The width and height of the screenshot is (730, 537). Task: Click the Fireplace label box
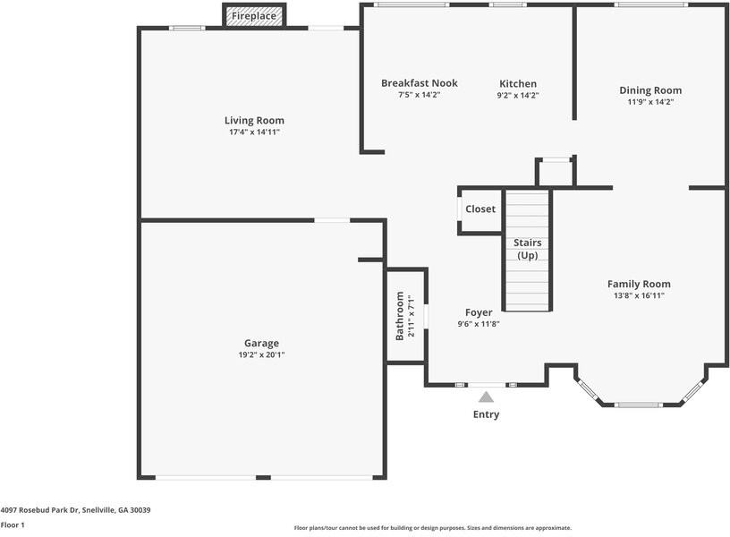(254, 16)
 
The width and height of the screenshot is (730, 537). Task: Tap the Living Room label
(254, 120)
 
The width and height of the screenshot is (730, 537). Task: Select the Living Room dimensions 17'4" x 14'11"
(254, 132)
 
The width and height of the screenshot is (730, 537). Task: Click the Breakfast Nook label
(420, 83)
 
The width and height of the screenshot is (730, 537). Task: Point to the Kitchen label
(517, 83)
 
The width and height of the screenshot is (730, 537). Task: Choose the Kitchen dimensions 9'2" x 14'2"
(518, 95)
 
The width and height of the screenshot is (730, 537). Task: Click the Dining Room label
(650, 90)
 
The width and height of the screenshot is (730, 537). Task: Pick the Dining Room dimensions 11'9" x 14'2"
(650, 102)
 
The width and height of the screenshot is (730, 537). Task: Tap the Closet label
(480, 209)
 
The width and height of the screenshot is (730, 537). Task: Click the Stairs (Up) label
(527, 249)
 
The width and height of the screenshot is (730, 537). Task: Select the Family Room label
(639, 284)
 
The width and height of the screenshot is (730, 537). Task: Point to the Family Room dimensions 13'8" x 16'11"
(639, 295)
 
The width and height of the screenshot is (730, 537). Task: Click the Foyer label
(479, 312)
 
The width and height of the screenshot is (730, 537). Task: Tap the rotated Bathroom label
(400, 317)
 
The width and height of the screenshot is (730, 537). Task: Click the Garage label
(261, 343)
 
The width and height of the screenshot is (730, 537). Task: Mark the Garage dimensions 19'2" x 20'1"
(261, 354)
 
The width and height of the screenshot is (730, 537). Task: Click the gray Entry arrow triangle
(486, 396)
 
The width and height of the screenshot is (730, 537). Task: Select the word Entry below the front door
(486, 414)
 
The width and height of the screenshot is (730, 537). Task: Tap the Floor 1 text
(13, 525)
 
